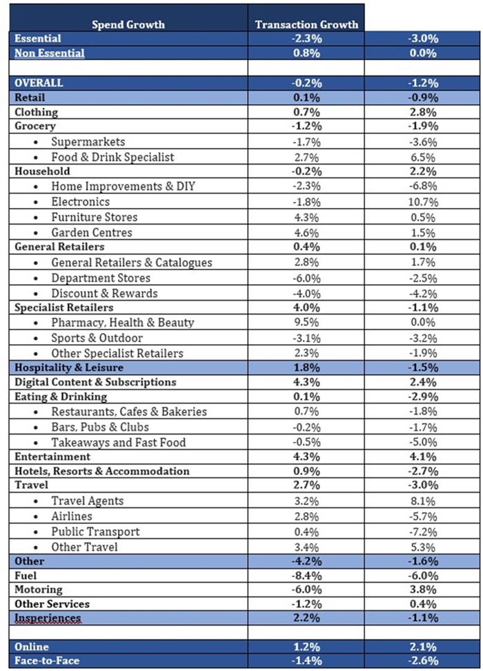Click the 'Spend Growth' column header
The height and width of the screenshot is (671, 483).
point(128,24)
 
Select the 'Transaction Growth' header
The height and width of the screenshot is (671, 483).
point(306,24)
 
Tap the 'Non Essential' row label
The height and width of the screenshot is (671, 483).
point(49,53)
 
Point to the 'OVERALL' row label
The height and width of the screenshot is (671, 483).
point(39,83)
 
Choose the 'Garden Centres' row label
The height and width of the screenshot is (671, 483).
point(91,232)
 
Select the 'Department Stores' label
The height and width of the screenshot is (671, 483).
point(100,278)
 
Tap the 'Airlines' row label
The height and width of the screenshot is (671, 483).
point(71,516)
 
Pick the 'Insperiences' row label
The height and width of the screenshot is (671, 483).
point(48,618)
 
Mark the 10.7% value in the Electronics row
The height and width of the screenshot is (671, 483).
point(422,202)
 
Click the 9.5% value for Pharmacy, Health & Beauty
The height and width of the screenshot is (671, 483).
point(306,323)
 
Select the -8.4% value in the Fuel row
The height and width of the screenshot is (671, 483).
point(306,575)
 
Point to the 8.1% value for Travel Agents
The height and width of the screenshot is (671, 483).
point(422,501)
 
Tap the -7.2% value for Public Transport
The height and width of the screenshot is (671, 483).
point(422,531)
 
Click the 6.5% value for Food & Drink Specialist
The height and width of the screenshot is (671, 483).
point(422,157)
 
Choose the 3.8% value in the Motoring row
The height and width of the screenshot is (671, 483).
point(422,589)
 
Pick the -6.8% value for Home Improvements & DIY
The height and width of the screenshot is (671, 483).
point(422,187)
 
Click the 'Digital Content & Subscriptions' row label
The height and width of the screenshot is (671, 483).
point(95,382)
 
